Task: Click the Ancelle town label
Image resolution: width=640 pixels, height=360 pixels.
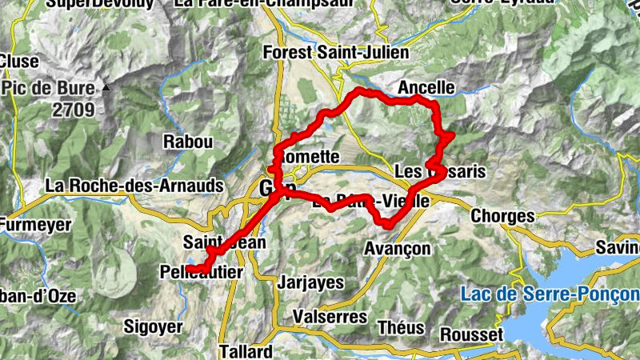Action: (426, 87)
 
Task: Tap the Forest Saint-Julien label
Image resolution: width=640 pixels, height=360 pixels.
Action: (336, 53)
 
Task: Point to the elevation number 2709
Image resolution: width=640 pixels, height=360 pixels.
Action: (74, 110)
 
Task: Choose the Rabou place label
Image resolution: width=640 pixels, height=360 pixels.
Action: (188, 142)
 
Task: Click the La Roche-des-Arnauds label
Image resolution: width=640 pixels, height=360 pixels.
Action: (134, 186)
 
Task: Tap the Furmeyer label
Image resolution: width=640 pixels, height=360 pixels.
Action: (35, 225)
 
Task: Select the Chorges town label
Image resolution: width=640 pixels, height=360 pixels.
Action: (502, 216)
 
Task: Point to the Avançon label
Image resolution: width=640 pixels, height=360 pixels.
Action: (397, 248)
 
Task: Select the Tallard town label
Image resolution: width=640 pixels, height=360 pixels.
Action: (246, 351)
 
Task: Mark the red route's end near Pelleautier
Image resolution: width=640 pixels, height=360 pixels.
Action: (190, 268)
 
